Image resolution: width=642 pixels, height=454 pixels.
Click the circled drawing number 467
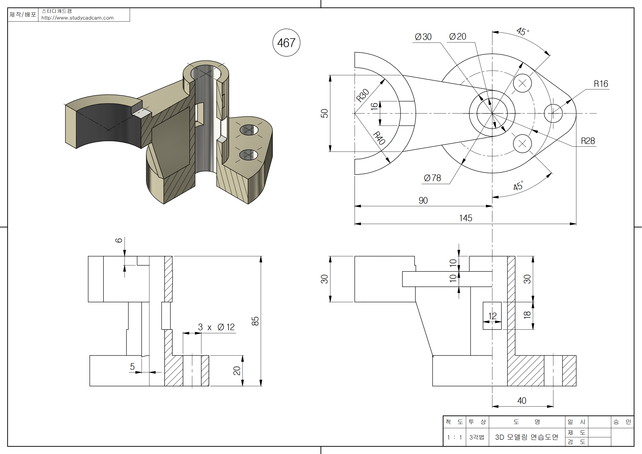point(286,43)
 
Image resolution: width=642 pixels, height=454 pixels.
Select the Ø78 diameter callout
point(432,178)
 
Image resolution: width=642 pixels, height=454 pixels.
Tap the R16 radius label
point(601,84)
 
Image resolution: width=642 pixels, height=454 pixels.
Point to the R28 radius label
point(588,141)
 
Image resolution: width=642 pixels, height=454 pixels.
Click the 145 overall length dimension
point(466,218)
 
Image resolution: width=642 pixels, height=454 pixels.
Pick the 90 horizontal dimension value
point(423,200)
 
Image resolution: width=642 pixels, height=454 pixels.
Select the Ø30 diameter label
point(423,37)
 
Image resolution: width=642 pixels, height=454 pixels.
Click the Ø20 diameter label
point(458,36)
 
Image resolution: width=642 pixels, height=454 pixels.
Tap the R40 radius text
point(379,138)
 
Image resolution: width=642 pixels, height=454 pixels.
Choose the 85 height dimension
point(255,321)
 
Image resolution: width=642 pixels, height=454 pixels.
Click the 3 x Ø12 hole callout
point(216,327)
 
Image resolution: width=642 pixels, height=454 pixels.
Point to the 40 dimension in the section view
point(522,400)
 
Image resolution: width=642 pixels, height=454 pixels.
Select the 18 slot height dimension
point(527,315)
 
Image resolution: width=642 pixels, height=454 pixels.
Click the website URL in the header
point(77,18)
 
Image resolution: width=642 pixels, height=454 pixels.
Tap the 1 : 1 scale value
point(454,437)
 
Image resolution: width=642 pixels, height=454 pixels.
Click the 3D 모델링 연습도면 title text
point(526,437)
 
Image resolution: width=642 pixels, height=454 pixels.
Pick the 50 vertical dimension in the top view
point(324,113)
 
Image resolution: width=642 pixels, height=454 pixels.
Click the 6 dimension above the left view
point(119,240)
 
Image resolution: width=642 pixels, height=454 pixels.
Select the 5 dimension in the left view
point(132,366)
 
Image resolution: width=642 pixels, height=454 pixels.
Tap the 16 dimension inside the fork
point(374,106)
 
